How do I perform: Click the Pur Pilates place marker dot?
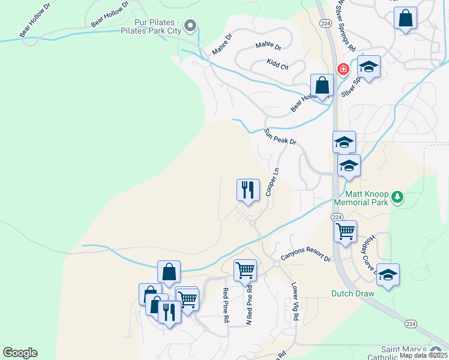[x=191, y=25]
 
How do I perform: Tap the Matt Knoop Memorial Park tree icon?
[x=397, y=197]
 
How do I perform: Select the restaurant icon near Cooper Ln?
[x=248, y=190]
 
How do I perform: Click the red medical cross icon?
[x=343, y=70]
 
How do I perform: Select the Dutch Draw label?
[x=353, y=293]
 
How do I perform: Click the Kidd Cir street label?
[x=278, y=64]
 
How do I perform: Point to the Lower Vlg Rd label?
[x=295, y=302]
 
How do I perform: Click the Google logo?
[x=20, y=353]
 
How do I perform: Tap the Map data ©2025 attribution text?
[x=423, y=355]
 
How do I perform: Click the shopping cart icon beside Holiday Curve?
[x=345, y=231]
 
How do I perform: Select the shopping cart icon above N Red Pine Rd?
[x=245, y=270]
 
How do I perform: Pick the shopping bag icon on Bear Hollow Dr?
[x=322, y=85]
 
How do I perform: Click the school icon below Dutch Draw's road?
[x=388, y=275]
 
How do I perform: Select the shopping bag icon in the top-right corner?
[x=406, y=18]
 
